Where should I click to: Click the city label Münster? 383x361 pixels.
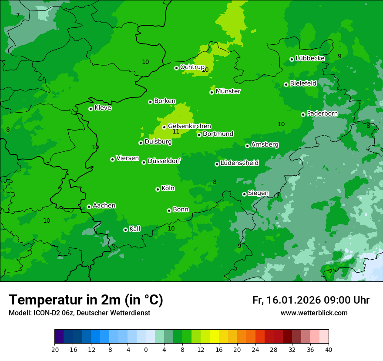point(228,91)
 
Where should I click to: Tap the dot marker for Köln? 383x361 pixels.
point(158,189)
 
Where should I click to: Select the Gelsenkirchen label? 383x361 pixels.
point(189,126)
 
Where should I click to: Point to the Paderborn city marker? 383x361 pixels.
point(303,114)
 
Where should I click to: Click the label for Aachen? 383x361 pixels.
point(104,206)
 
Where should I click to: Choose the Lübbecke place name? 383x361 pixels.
point(310,58)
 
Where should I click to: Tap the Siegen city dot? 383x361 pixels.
point(244,194)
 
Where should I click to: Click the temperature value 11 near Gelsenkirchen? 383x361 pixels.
point(176,132)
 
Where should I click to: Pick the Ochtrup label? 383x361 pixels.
point(192,67)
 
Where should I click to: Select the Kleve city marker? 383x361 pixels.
point(91,109)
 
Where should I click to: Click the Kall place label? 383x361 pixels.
point(135,229)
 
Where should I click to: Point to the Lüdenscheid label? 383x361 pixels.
point(239,163)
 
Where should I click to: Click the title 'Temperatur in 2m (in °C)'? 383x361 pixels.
point(86,300)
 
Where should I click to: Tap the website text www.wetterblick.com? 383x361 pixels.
point(314,313)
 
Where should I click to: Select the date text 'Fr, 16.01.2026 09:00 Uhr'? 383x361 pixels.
point(311,300)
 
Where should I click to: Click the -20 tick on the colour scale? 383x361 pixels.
point(54,350)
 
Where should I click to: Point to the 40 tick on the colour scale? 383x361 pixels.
point(329,350)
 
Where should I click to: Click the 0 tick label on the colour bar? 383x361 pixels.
point(146,350)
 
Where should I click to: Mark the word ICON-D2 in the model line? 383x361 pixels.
point(47,313)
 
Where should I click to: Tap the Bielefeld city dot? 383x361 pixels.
point(286,84)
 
